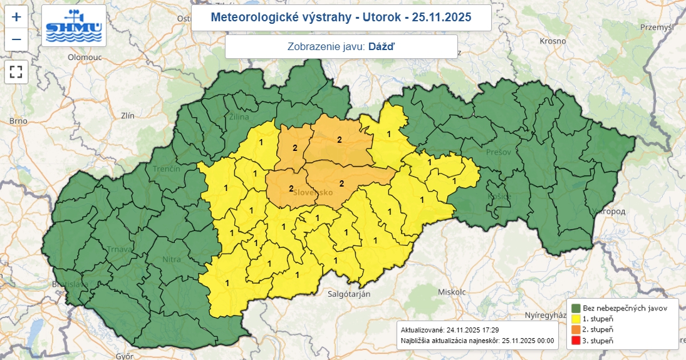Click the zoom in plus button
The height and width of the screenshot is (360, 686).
[16, 17]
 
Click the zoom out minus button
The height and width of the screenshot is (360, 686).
[16, 39]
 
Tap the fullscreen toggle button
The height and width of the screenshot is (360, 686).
[16, 71]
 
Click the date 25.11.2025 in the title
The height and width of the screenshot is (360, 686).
[439, 17]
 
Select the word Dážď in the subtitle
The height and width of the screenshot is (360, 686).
[382, 46]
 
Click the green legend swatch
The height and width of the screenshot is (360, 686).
[576, 308]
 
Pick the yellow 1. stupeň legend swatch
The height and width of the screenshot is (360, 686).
[576, 319]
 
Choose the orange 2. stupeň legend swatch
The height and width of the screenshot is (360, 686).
[576, 329]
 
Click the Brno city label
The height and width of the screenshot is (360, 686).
[19, 121]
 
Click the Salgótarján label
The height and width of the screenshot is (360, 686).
[350, 294]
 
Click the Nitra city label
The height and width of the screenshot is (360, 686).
[171, 259]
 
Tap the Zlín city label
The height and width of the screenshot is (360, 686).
[128, 116]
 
